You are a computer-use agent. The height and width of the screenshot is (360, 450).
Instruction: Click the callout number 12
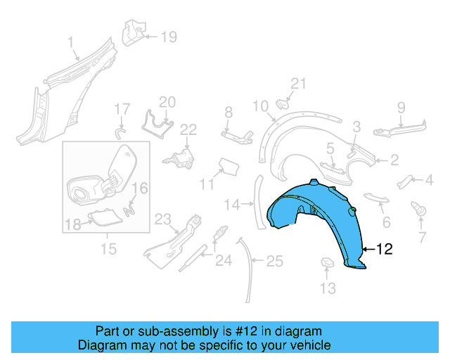[385, 248]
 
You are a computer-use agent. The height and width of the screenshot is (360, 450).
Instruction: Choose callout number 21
[300, 84]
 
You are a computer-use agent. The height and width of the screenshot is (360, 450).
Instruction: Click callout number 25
[275, 262]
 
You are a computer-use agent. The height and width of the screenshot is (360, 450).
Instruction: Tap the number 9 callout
[401, 108]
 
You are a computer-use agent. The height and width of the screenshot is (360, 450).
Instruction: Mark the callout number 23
[163, 219]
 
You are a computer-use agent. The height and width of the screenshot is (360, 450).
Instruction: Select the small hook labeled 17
[120, 131]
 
